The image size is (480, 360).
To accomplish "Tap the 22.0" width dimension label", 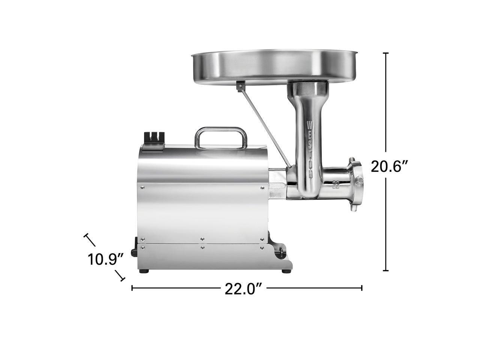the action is [x=243, y=289].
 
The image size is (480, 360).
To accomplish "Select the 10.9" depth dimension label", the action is [x=106, y=259].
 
